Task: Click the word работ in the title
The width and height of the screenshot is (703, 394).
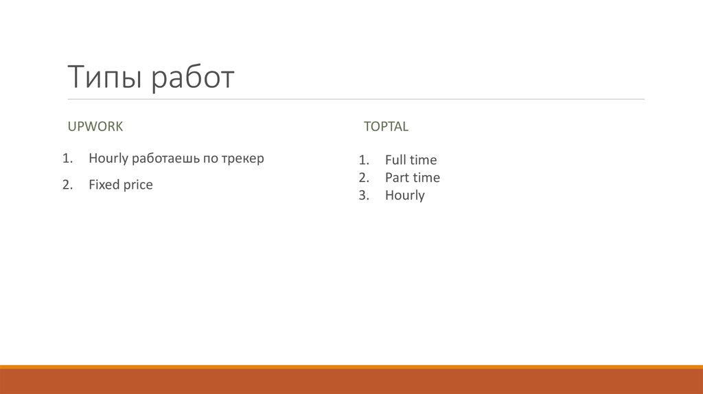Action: point(193,78)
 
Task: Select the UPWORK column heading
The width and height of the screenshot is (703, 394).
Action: point(95,126)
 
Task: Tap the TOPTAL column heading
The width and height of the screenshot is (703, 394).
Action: point(386,126)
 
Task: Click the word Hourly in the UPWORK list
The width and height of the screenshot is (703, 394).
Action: point(108,159)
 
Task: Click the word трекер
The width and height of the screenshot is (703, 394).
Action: point(242,159)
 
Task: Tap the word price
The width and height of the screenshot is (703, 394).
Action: point(138,185)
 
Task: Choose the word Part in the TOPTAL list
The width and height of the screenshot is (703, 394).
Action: point(397,178)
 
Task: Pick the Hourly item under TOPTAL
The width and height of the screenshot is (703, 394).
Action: point(404,196)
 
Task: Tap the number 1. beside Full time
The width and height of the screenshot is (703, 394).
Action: point(364,160)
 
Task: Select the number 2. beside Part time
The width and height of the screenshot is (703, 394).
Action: point(364,178)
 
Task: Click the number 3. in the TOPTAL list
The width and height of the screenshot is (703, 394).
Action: point(364,196)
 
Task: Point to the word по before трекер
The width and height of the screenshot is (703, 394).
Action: point(210,159)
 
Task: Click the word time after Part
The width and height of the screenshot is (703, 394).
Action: point(426,178)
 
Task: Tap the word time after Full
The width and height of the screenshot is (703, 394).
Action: point(423,160)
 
